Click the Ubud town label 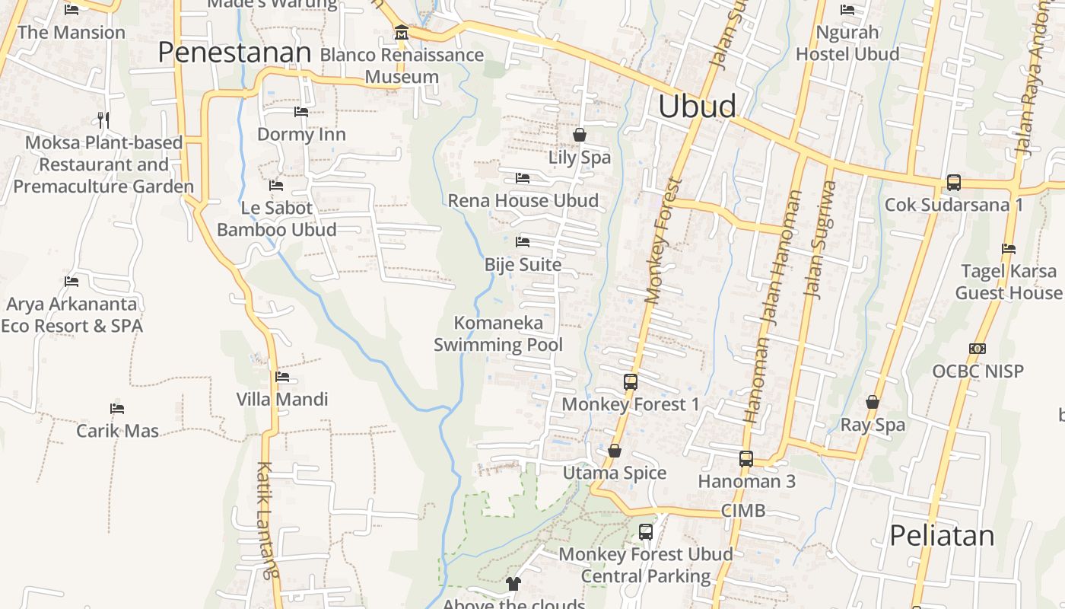tap(697, 107)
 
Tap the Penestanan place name tap(235, 53)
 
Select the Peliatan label tap(942, 535)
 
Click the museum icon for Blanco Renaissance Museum tap(401, 33)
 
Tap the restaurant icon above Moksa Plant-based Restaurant tap(103, 120)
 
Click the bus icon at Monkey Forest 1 tap(631, 382)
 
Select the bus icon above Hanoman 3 tap(746, 459)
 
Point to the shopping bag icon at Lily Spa tap(580, 135)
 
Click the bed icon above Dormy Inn tap(301, 112)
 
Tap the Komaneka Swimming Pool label tap(498, 333)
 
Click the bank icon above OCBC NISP tap(978, 349)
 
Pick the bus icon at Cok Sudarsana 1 tap(954, 183)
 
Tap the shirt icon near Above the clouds tap(513, 584)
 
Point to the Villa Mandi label tap(282, 399)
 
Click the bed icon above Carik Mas tap(117, 409)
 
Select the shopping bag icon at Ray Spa tap(873, 402)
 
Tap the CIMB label tap(743, 510)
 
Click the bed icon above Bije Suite tap(523, 242)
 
